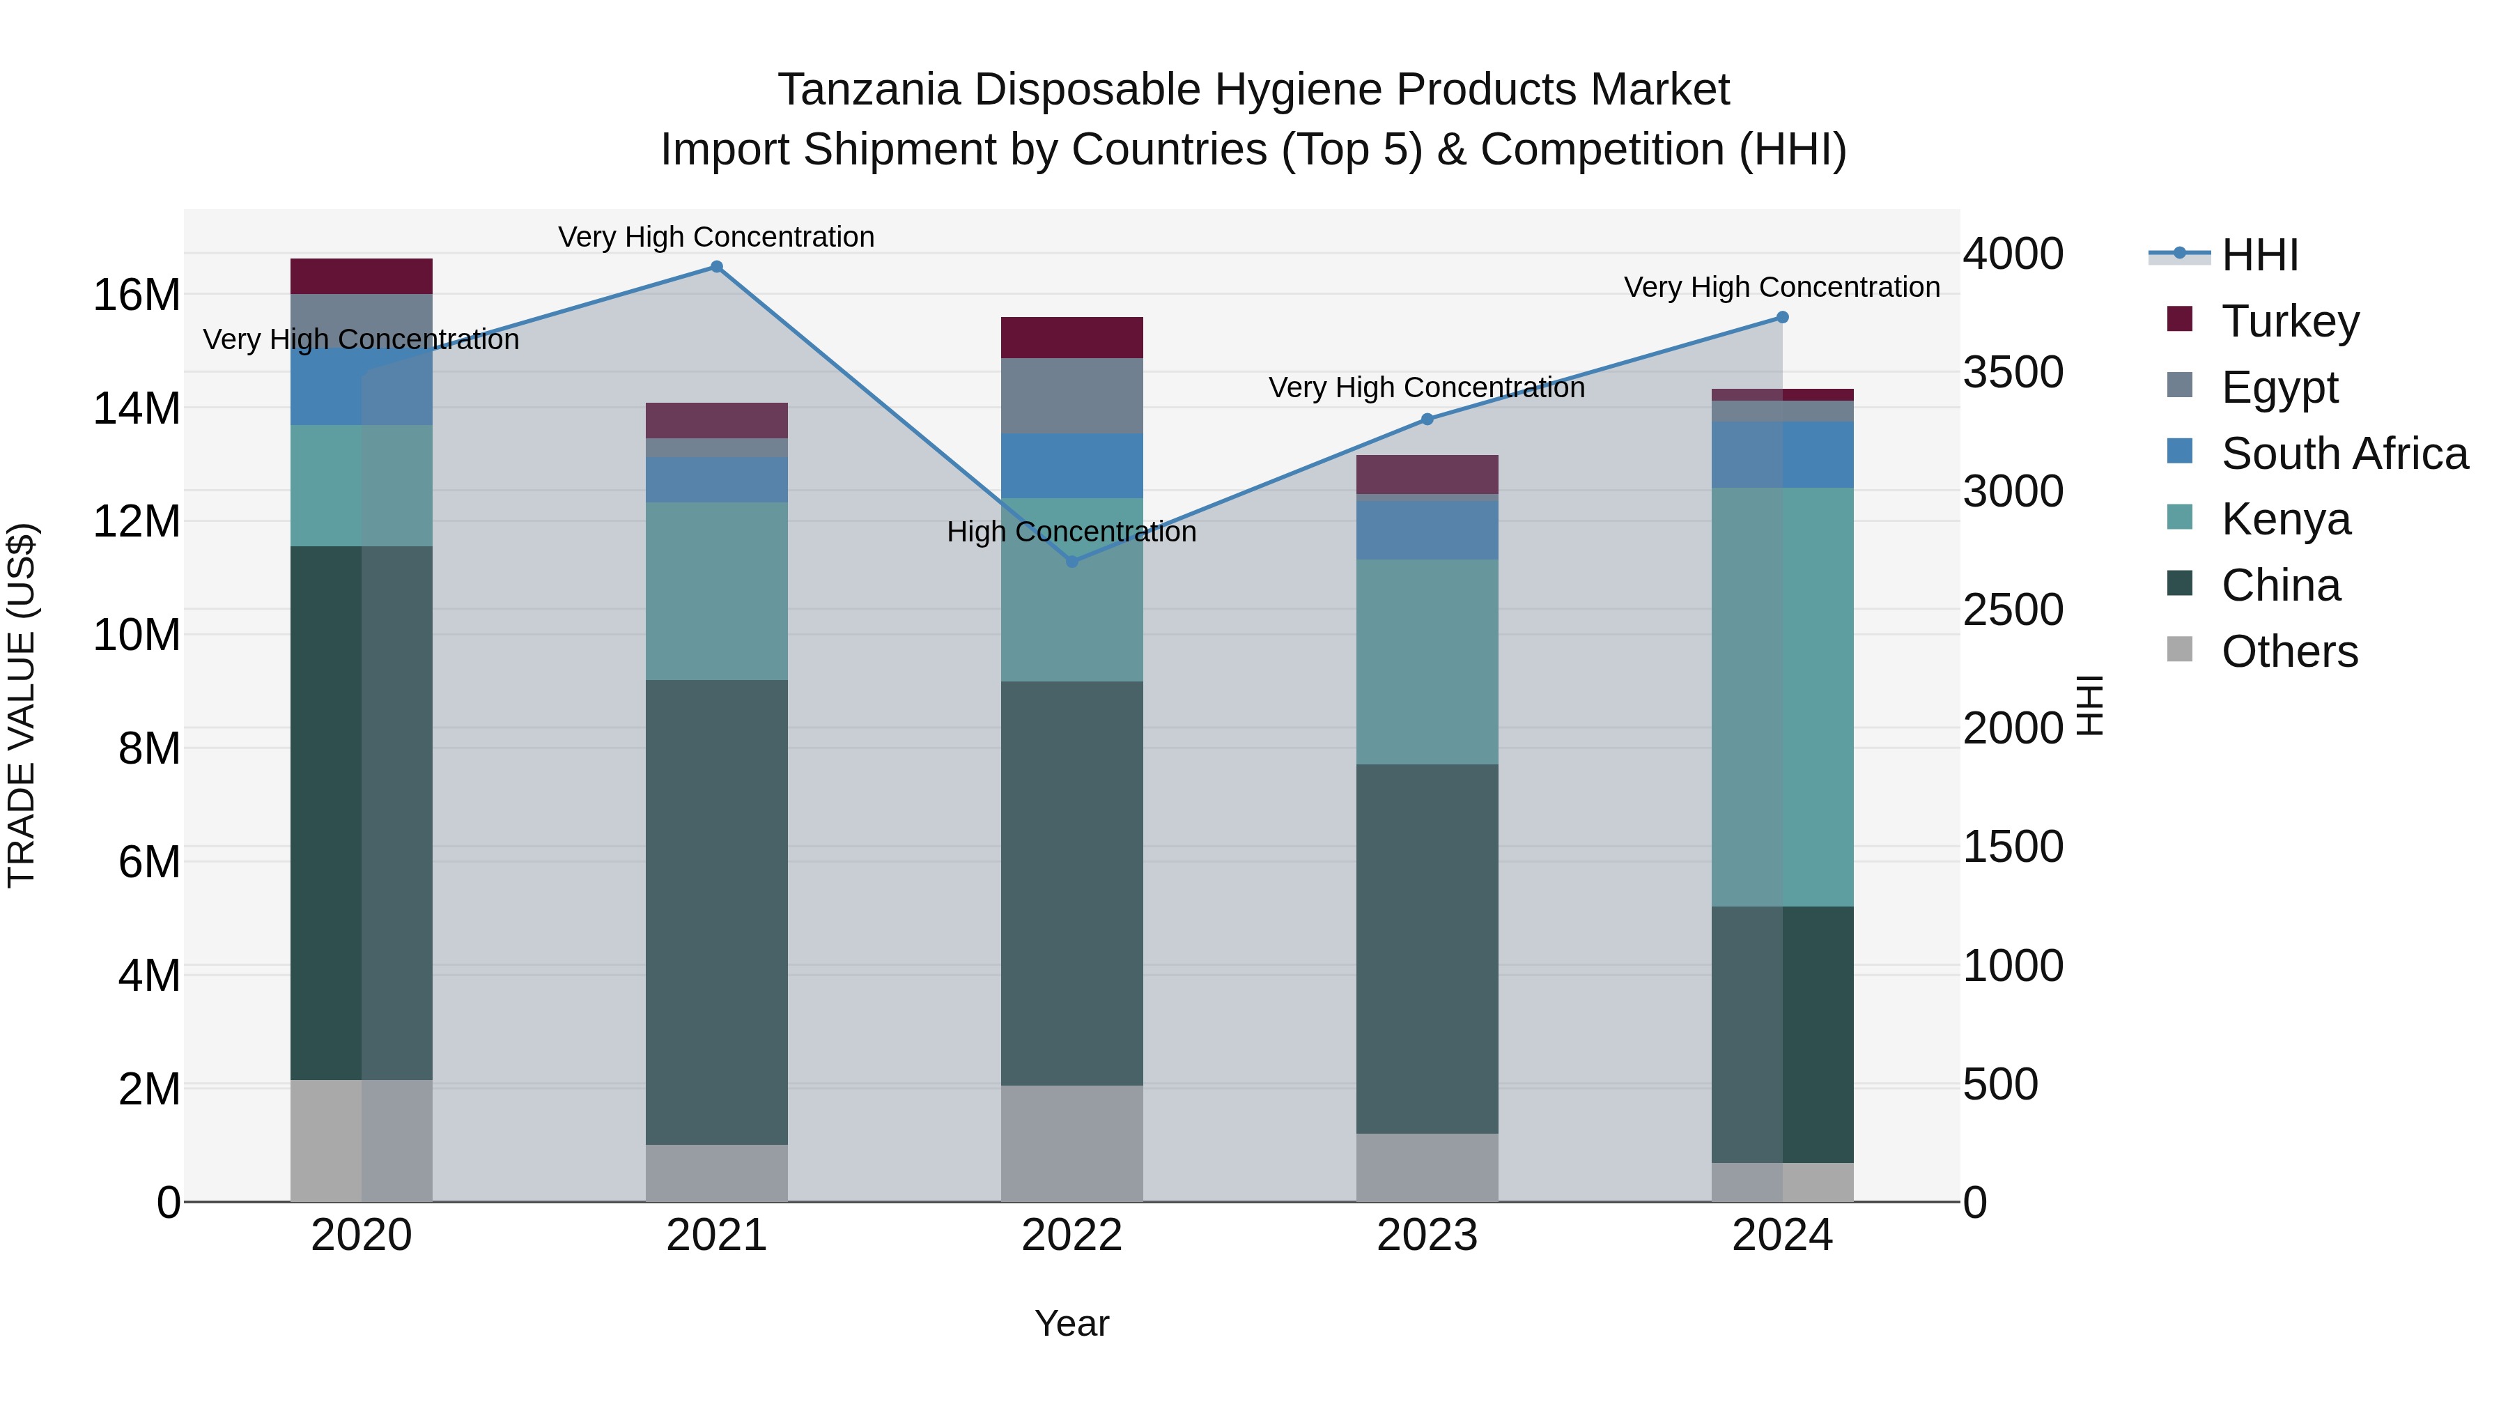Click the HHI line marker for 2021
coord(717,267)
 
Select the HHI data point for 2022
coord(1072,562)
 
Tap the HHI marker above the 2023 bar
coord(1427,419)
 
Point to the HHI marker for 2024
coord(1783,318)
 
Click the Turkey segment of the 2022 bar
coord(1072,338)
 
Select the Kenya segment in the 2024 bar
coord(1783,697)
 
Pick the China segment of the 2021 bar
coord(717,911)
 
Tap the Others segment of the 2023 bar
coord(1427,1168)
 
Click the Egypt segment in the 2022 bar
coord(1072,395)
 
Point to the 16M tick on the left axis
coord(137,295)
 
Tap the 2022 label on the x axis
coord(1072,1235)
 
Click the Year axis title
coord(1072,1323)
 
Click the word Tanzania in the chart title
coord(869,91)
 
